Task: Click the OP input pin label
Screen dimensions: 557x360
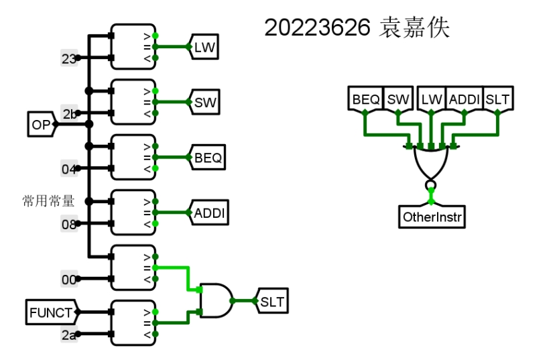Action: (x=42, y=125)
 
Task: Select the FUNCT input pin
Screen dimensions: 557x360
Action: (x=52, y=312)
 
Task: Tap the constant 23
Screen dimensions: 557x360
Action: (x=69, y=58)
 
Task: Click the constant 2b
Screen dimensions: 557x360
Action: (x=69, y=114)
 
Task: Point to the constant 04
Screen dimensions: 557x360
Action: (x=69, y=169)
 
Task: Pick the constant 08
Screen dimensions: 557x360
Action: (x=69, y=224)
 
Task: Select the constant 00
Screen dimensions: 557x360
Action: (x=69, y=280)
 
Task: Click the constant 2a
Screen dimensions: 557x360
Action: (x=69, y=335)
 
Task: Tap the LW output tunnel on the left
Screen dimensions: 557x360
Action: (x=204, y=47)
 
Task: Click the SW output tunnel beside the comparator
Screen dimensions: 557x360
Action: (x=204, y=103)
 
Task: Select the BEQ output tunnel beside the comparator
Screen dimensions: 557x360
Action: (x=206, y=158)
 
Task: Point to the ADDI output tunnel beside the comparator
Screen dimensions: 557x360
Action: (x=208, y=213)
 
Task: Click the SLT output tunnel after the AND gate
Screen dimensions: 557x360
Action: (x=271, y=301)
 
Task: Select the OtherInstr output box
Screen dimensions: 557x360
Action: (x=432, y=216)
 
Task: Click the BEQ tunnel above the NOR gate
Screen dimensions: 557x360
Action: (x=365, y=99)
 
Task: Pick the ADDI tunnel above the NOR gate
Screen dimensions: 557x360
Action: (x=464, y=99)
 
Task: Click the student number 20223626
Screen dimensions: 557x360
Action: (x=317, y=27)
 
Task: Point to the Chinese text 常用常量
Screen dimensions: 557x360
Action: (x=48, y=201)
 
